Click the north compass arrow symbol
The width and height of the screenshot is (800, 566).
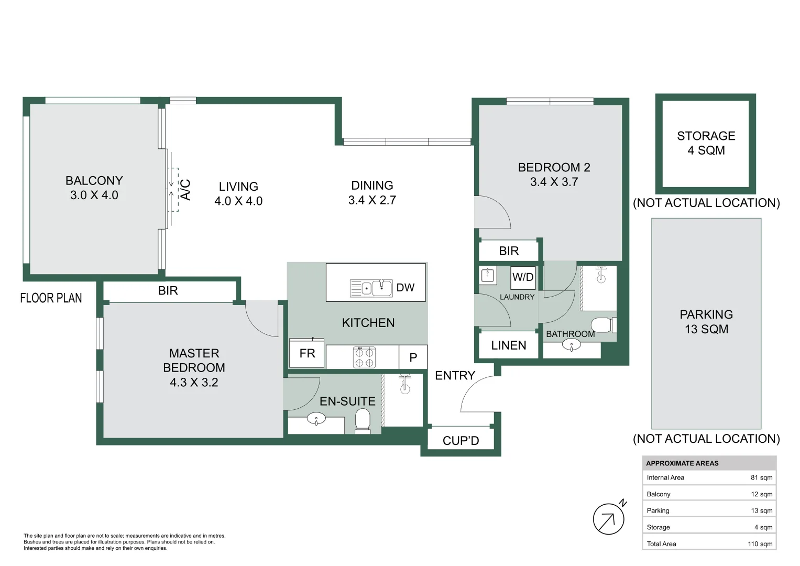pyautogui.click(x=608, y=519)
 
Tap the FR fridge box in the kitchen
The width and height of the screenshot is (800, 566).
pyautogui.click(x=307, y=354)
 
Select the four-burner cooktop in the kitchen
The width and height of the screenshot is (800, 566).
pyautogui.click(x=364, y=357)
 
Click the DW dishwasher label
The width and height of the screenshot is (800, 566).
pyautogui.click(x=405, y=288)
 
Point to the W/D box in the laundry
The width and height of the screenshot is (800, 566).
pyautogui.click(x=522, y=277)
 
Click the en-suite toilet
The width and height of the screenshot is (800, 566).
pyautogui.click(x=363, y=421)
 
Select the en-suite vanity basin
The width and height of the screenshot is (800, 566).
pyautogui.click(x=316, y=419)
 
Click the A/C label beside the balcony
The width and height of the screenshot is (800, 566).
pyautogui.click(x=185, y=190)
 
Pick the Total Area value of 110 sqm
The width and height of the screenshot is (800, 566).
pyautogui.click(x=760, y=544)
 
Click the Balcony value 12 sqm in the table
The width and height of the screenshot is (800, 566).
pyautogui.click(x=761, y=494)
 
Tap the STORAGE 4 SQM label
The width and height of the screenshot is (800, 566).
pyautogui.click(x=706, y=143)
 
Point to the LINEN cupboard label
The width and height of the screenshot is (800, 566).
pyautogui.click(x=508, y=345)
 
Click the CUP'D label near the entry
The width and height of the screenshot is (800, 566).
pyautogui.click(x=461, y=441)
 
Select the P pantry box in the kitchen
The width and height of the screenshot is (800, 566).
pyautogui.click(x=413, y=357)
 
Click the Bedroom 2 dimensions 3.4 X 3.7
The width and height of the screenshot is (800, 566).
pyautogui.click(x=554, y=182)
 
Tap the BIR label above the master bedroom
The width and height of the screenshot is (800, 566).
pyautogui.click(x=168, y=291)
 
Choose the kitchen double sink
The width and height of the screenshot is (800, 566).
pyautogui.click(x=371, y=288)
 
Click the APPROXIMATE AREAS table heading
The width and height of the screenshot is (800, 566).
pyautogui.click(x=682, y=463)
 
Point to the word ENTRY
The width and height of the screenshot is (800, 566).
pyautogui.click(x=455, y=376)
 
